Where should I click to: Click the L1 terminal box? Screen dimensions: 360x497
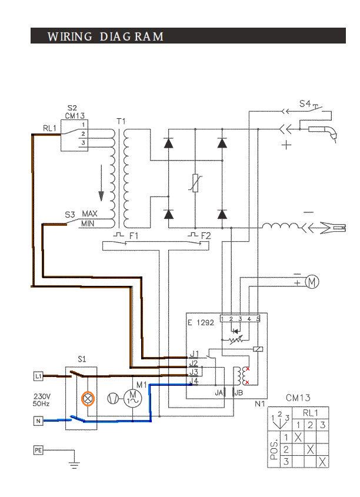pyautogui.click(x=38, y=376)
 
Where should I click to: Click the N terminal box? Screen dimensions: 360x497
pyautogui.click(x=38, y=421)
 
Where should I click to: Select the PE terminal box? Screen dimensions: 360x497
pyautogui.click(x=38, y=450)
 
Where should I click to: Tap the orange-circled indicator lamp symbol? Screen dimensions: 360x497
pyautogui.click(x=88, y=399)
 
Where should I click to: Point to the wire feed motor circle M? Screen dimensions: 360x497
pyautogui.click(x=312, y=282)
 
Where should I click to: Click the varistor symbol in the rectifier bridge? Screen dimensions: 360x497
pyautogui.click(x=195, y=183)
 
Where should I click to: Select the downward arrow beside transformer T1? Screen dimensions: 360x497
pyautogui.click(x=101, y=183)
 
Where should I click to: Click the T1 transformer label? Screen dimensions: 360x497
pyautogui.click(x=121, y=121)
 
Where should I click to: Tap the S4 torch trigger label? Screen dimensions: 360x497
pyautogui.click(x=305, y=104)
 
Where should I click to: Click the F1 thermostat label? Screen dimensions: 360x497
pyautogui.click(x=134, y=236)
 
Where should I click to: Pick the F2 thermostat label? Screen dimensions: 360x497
pyautogui.click(x=206, y=236)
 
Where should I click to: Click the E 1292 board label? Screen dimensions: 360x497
pyautogui.click(x=201, y=323)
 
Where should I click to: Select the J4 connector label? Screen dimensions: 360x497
pyautogui.click(x=194, y=381)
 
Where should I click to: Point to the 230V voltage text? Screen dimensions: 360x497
pyautogui.click(x=42, y=396)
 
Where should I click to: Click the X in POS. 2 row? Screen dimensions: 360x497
pyautogui.click(x=310, y=449)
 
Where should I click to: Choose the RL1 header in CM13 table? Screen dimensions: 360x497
pyautogui.click(x=310, y=413)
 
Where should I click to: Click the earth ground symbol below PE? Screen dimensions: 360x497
pyautogui.click(x=75, y=465)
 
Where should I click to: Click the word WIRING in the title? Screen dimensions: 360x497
pyautogui.click(x=70, y=36)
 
